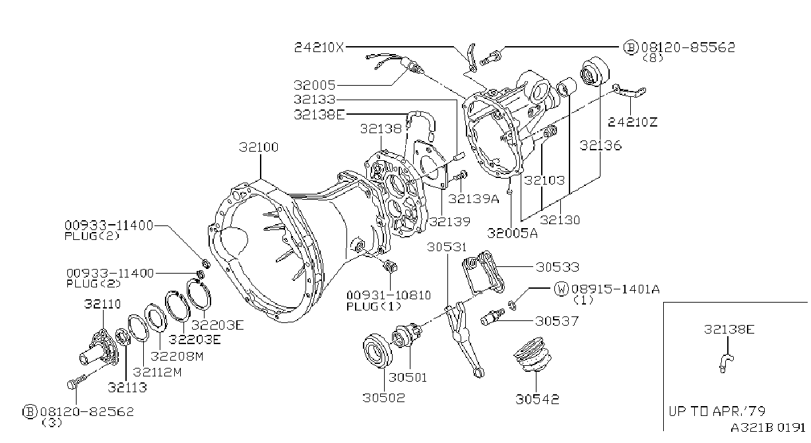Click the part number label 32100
pyautogui.click(x=259, y=147)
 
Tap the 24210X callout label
pyautogui.click(x=319, y=47)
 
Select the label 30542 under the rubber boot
pyautogui.click(x=537, y=399)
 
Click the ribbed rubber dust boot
pyautogui.click(x=533, y=355)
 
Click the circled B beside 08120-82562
pyautogui.click(x=30, y=411)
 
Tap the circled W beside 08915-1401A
pyautogui.click(x=562, y=289)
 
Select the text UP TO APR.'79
pyautogui.click(x=717, y=411)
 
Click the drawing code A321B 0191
pyautogui.click(x=767, y=427)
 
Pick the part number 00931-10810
pyautogui.click(x=389, y=295)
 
